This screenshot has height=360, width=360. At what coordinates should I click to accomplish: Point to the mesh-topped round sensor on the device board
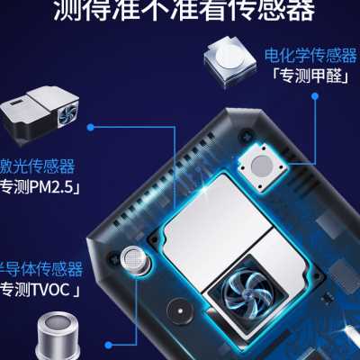[134, 259]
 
